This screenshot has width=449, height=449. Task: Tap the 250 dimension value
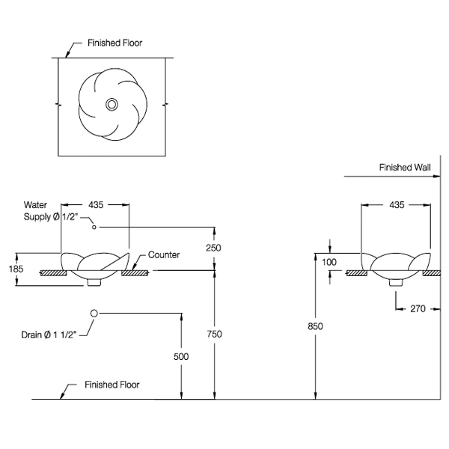[x=213, y=248]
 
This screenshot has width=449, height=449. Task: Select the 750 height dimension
[x=214, y=334]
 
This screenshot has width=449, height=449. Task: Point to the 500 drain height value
[x=181, y=356]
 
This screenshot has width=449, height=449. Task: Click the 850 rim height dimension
[x=315, y=326]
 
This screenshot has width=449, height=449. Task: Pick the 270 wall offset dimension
[x=418, y=308]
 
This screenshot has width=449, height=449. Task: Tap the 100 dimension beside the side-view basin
[x=329, y=262]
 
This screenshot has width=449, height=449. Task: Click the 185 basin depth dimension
[x=16, y=269]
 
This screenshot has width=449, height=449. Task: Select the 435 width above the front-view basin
[x=96, y=205]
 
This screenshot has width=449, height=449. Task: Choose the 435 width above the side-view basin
[x=397, y=205]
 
